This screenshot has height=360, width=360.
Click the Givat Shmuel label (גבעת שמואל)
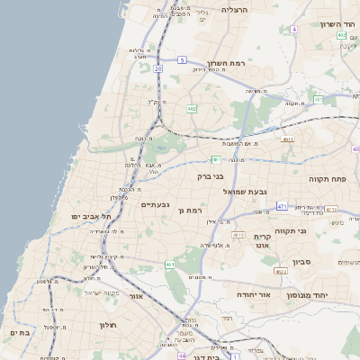pyautogui.click(x=249, y=191)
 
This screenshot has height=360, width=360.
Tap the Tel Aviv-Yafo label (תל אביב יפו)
pyautogui.click(x=92, y=217)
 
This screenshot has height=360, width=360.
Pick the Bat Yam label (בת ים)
pyautogui.click(x=19, y=333)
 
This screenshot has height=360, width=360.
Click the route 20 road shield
pyautogui.click(x=157, y=67)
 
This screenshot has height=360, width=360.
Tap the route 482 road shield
pyautogui.click(x=192, y=108)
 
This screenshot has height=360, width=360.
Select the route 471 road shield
pyautogui.click(x=282, y=206)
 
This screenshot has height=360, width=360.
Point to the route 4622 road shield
pyautogui.click(x=281, y=270)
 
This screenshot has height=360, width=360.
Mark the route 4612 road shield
pyautogui.click(x=238, y=235)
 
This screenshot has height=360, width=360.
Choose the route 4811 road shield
pyautogui.click(x=287, y=140)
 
